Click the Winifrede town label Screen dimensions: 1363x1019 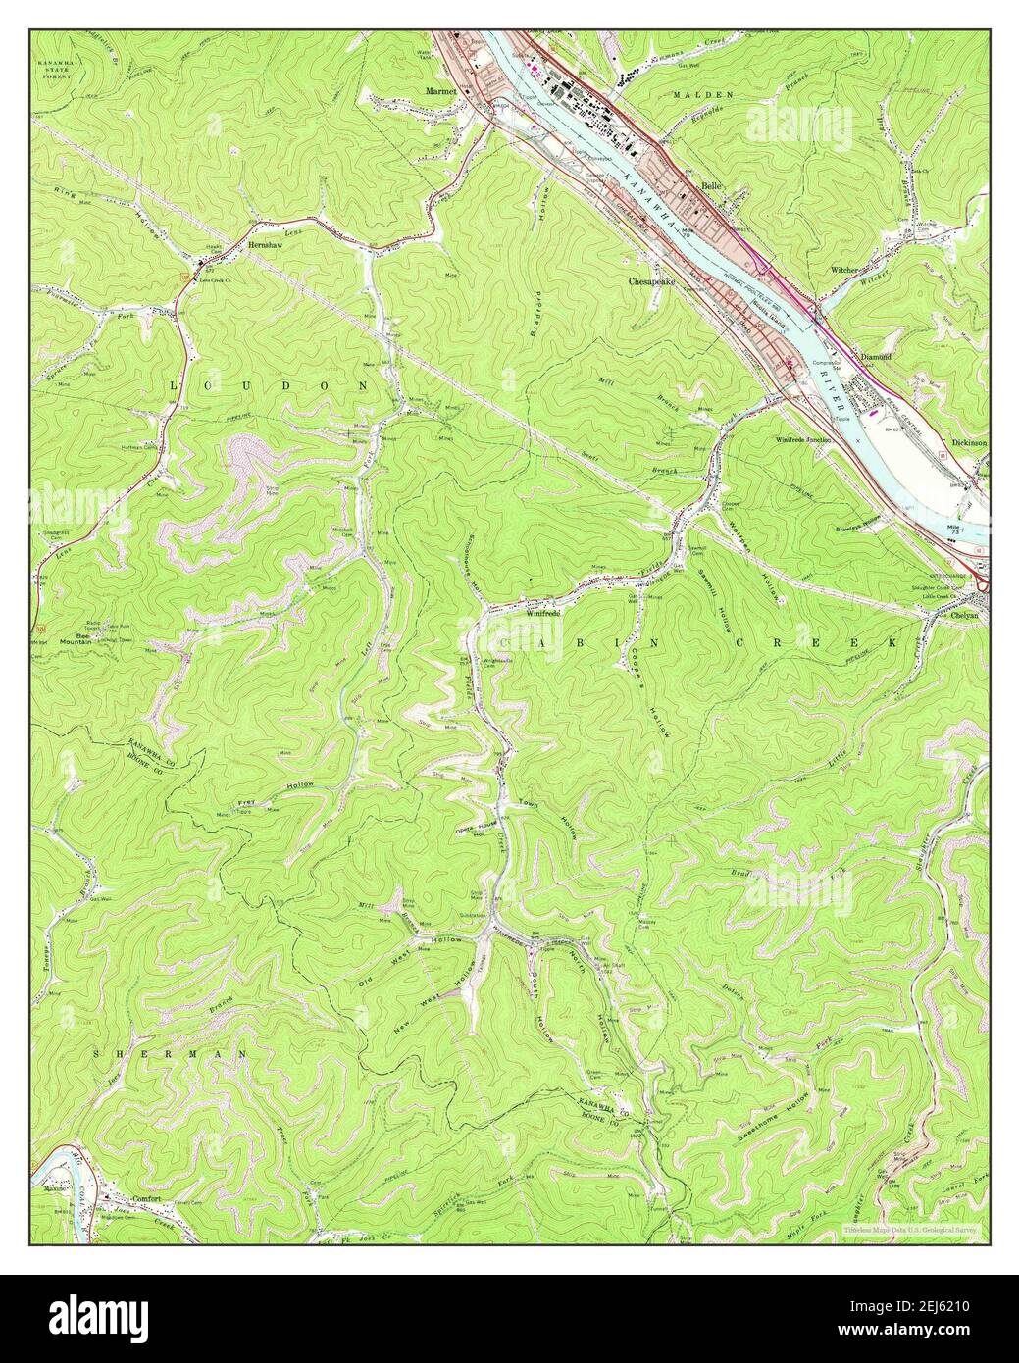542,613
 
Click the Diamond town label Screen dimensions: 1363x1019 875,357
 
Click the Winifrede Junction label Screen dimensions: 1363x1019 803,440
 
